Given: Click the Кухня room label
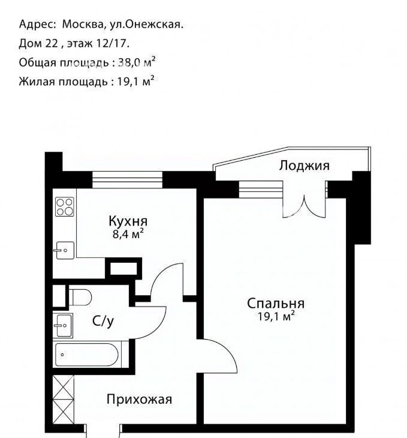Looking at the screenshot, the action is (x=128, y=221).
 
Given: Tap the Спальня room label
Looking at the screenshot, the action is (x=276, y=304).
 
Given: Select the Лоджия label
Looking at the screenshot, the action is (x=305, y=166).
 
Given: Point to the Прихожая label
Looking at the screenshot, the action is (x=139, y=400).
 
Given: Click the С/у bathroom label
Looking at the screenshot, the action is (x=103, y=322).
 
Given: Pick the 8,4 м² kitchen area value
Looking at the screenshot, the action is (x=128, y=234).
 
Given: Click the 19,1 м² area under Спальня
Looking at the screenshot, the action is (x=276, y=316).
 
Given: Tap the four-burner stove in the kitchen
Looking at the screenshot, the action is (x=65, y=207).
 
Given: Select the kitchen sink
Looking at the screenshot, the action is (x=65, y=250).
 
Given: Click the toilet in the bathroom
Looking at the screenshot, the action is (x=80, y=298).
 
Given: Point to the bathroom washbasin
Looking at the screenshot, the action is (x=63, y=325).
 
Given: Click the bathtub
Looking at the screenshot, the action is (x=87, y=355).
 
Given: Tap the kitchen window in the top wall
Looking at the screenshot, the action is (x=127, y=180).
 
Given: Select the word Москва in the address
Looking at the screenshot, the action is (x=83, y=25).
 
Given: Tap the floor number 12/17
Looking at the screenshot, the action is (x=111, y=44).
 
